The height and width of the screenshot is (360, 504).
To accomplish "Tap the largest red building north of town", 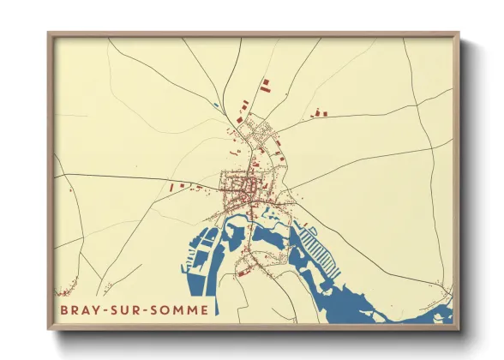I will click(x=264, y=85).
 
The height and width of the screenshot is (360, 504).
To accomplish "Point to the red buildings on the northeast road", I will click(x=320, y=111).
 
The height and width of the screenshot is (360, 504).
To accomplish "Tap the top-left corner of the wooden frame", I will click(x=50, y=34).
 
